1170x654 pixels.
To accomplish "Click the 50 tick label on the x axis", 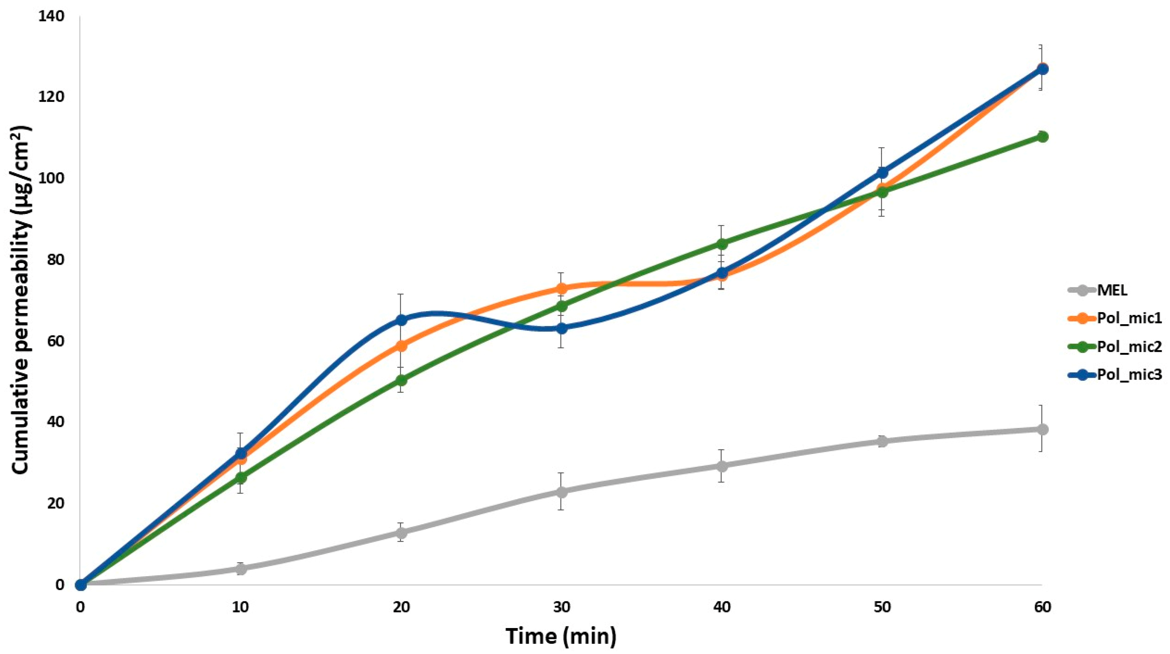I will [x=882, y=608].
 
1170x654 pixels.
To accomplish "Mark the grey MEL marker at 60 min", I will [x=1042, y=429].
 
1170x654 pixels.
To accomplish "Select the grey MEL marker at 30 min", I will [x=561, y=492].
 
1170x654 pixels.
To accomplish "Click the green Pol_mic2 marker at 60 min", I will [x=1042, y=137].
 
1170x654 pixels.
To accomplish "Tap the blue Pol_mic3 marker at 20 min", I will [x=401, y=320].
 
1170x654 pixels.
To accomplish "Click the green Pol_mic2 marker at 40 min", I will [x=722, y=244].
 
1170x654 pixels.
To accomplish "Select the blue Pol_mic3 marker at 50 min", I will [x=882, y=173].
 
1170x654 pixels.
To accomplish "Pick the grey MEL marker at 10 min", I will [x=241, y=569].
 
